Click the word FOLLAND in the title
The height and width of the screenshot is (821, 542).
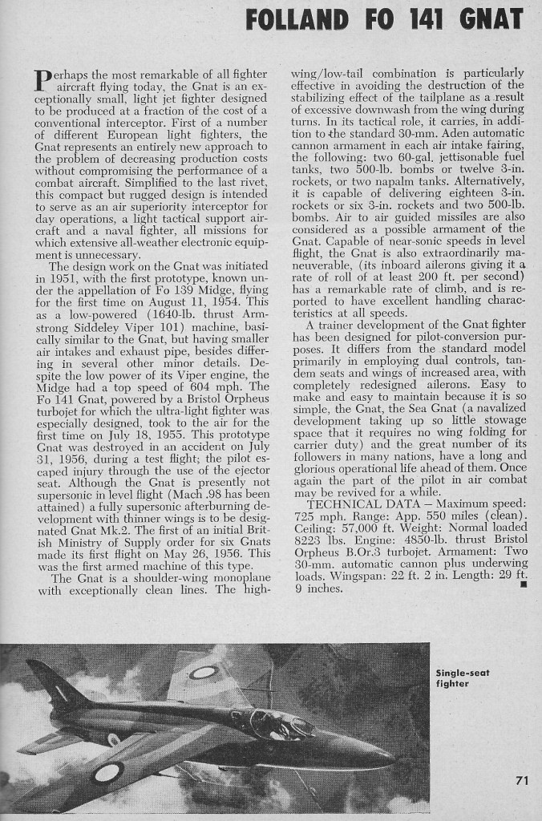(297, 18)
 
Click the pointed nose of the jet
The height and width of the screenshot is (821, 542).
(393, 758)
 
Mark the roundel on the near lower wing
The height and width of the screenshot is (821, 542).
(106, 773)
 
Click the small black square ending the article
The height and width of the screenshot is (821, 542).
(522, 583)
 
